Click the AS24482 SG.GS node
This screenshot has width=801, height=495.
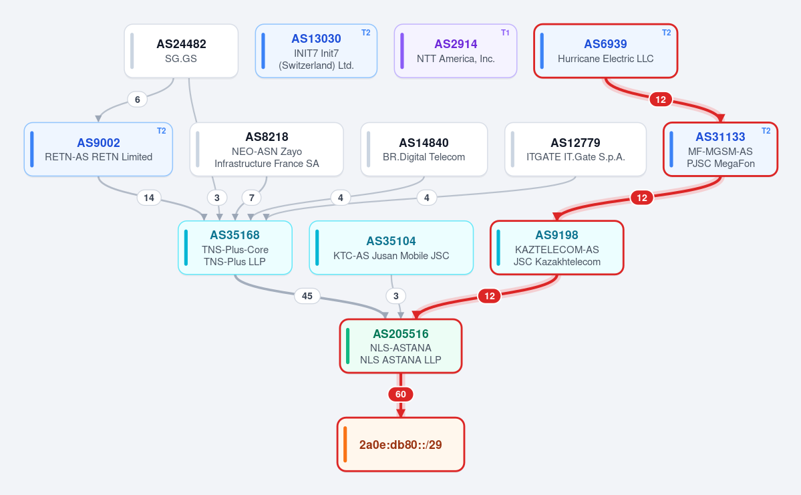click(x=181, y=51)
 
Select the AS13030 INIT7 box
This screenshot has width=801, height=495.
click(x=316, y=51)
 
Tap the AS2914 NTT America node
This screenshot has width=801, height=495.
click(x=456, y=51)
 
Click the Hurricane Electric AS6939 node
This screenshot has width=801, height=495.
click(x=606, y=51)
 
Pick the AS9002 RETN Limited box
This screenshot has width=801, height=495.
click(x=99, y=149)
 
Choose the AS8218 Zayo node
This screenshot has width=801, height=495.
click(x=267, y=149)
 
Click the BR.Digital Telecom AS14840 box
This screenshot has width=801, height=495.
click(x=424, y=149)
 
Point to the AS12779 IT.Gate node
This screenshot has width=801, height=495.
click(x=576, y=149)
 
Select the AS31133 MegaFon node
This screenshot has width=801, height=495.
click(x=720, y=149)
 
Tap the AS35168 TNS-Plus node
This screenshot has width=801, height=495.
click(x=235, y=248)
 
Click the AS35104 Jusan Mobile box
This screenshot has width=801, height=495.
click(x=391, y=248)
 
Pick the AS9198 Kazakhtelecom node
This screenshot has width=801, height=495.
click(x=556, y=248)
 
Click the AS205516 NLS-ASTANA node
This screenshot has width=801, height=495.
click(x=401, y=346)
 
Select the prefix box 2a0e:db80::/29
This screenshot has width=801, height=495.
click(x=401, y=444)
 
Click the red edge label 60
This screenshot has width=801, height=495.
click(x=401, y=394)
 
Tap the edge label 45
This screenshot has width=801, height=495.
click(x=307, y=296)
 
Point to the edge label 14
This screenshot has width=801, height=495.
click(x=149, y=198)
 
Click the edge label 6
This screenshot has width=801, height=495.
click(x=138, y=100)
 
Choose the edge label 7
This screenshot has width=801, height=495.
click(x=251, y=198)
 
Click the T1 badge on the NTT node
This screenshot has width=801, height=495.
click(x=505, y=33)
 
